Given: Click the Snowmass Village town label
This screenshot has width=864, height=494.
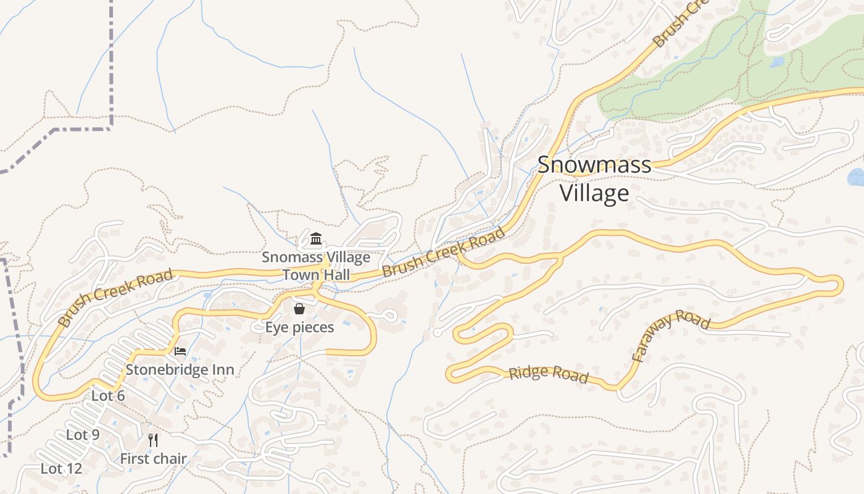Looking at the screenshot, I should pyautogui.click(x=594, y=179).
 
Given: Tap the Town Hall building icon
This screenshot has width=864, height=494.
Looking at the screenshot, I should pyautogui.click(x=316, y=238).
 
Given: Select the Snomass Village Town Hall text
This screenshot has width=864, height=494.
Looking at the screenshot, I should pyautogui.click(x=316, y=266).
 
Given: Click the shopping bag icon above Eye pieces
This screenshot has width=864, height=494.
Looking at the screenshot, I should pyautogui.click(x=299, y=309).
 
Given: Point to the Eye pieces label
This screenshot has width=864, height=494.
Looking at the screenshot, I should pyautogui.click(x=299, y=327).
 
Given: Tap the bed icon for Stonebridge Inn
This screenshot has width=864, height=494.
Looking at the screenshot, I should pyautogui.click(x=180, y=351).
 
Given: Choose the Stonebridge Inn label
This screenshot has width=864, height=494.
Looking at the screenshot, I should pyautogui.click(x=180, y=370).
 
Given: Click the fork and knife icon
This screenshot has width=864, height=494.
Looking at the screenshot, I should pyautogui.click(x=153, y=440).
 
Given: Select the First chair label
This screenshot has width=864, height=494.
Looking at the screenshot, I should pyautogui.click(x=153, y=459).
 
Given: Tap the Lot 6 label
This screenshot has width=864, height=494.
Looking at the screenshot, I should pyautogui.click(x=108, y=396).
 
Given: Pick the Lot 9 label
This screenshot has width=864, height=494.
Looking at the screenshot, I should pyautogui.click(x=83, y=435).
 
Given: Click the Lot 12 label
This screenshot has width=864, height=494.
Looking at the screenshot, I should pyautogui.click(x=61, y=469).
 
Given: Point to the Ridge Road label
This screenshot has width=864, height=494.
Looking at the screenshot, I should pyautogui.click(x=548, y=374).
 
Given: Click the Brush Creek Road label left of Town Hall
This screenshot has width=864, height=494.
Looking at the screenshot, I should pyautogui.click(x=115, y=298).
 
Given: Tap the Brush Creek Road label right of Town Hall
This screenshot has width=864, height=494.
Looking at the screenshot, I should pyautogui.click(x=443, y=253).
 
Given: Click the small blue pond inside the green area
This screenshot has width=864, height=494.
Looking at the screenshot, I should pyautogui.click(x=776, y=62).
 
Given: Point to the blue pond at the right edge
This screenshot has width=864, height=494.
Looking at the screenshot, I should pyautogui.click(x=857, y=177).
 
